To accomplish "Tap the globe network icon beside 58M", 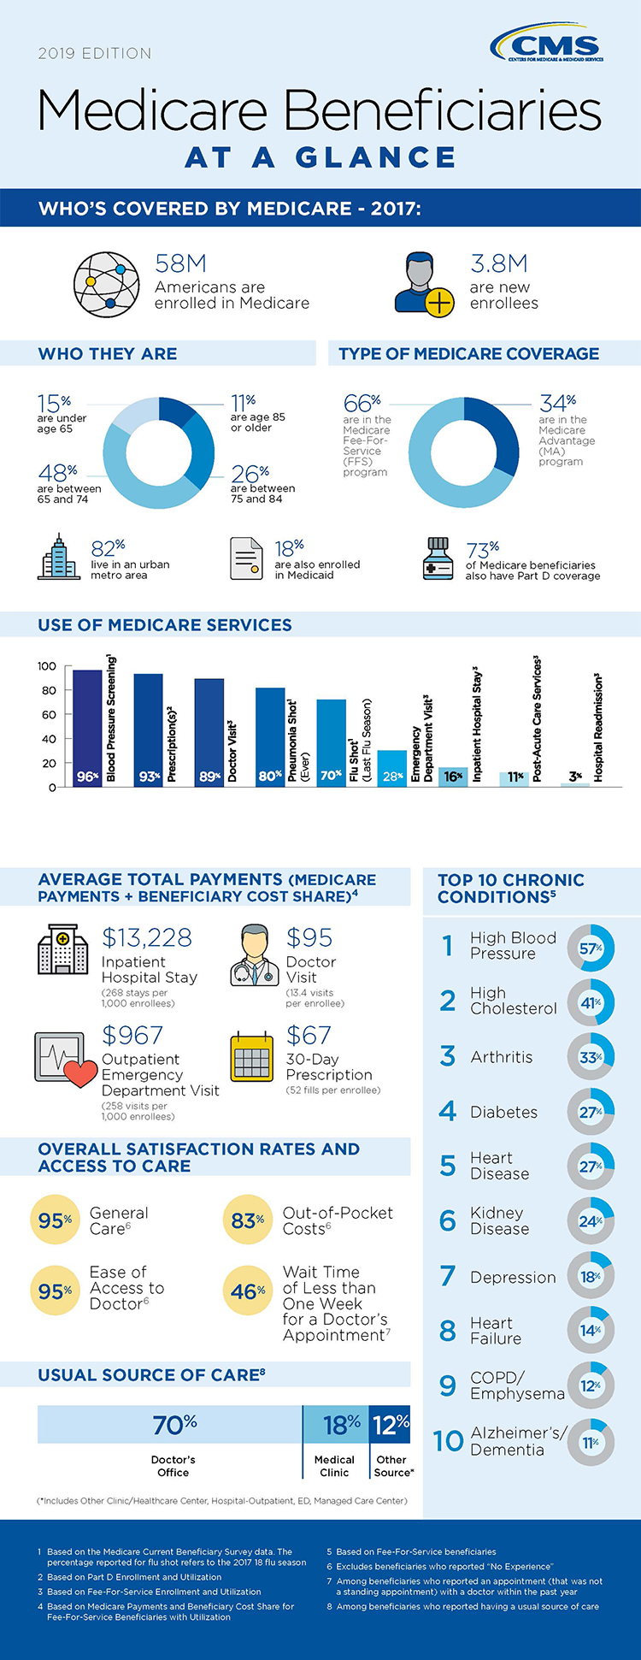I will click(107, 283).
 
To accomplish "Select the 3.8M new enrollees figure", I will click(498, 263).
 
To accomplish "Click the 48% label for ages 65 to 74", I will click(57, 472).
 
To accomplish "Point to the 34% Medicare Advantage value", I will click(558, 403).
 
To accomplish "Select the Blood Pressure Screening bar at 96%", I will click(87, 728).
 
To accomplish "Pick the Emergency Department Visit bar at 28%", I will click(392, 768).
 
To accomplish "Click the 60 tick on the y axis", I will click(49, 715).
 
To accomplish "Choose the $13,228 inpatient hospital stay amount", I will click(147, 937).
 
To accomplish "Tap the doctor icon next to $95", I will click(254, 955).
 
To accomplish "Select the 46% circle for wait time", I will click(248, 1291).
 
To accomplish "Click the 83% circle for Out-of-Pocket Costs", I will click(248, 1220).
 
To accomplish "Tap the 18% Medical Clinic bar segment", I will click(336, 1425).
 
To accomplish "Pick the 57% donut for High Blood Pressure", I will click(591, 948).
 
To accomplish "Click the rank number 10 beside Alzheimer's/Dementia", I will click(448, 1441).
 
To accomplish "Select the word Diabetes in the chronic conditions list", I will click(503, 1112).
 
